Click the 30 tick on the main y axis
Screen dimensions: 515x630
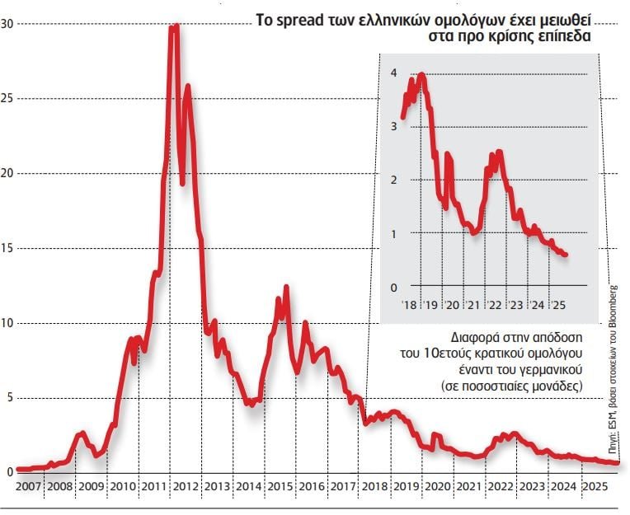7,24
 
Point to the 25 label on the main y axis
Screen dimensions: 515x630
7,99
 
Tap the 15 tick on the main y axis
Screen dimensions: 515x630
7,248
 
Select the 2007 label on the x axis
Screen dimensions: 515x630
29,487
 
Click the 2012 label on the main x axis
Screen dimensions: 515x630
186,487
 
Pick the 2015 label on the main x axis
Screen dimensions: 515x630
281,487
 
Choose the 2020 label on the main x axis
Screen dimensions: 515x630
439,487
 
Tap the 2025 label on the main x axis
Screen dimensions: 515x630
595,487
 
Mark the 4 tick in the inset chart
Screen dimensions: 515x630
394,73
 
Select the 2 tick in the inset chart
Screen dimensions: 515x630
394,180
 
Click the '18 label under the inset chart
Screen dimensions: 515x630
409,305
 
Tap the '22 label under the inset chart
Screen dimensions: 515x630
495,305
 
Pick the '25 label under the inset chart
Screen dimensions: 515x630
559,305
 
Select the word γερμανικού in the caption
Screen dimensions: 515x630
552,370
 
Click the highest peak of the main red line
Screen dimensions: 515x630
174,26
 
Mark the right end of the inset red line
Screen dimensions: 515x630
566,255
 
